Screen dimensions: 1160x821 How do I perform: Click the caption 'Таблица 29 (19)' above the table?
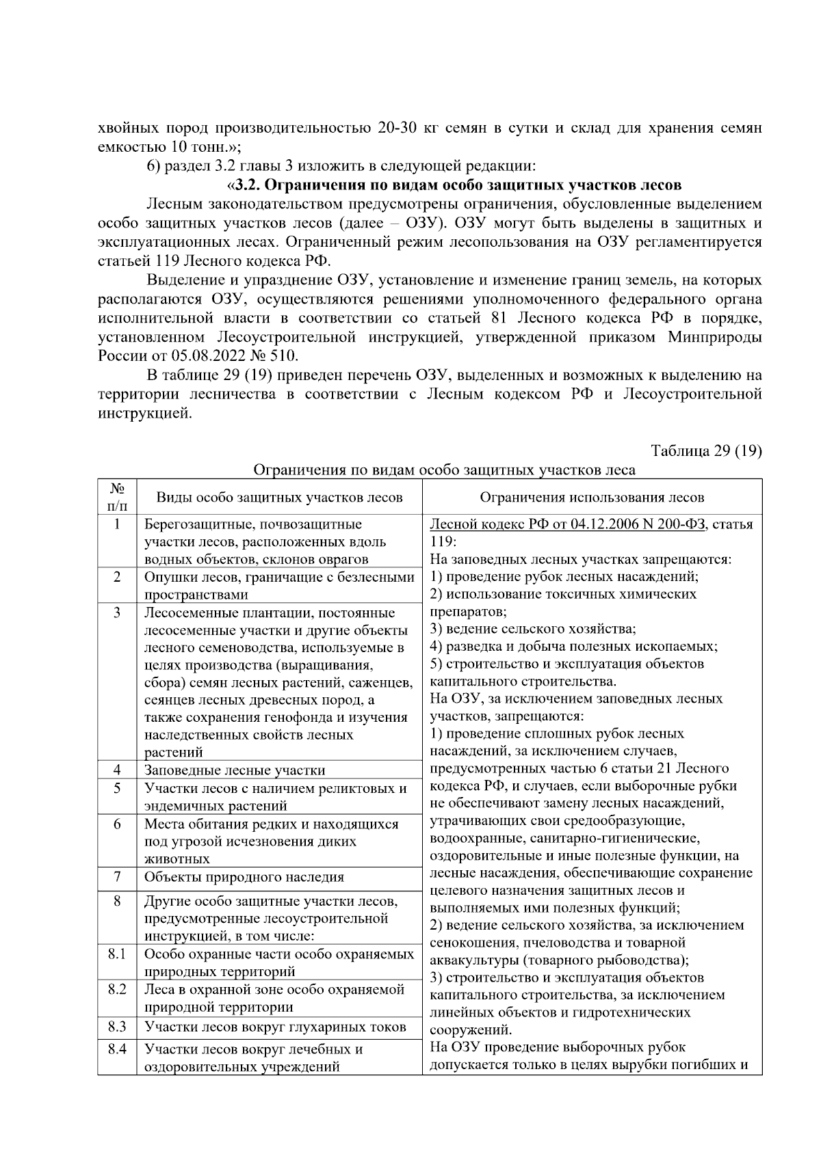[706, 451]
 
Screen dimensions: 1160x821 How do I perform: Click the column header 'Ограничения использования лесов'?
[592, 498]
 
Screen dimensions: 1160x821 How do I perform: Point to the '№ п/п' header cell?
[117, 497]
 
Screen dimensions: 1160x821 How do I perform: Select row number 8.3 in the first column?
[117, 1027]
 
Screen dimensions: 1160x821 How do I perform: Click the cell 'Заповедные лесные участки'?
[235, 770]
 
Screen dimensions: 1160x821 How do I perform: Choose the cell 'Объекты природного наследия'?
[243, 877]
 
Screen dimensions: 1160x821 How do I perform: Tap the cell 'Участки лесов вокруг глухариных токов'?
[275, 1027]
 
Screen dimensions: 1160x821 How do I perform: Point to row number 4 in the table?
[117, 770]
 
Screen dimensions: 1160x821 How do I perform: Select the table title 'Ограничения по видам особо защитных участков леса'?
[444, 470]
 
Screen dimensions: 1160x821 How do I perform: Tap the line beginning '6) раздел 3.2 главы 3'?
[340, 166]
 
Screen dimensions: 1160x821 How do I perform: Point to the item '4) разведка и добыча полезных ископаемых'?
[573, 646]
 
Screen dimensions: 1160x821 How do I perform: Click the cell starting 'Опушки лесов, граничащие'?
[279, 586]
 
